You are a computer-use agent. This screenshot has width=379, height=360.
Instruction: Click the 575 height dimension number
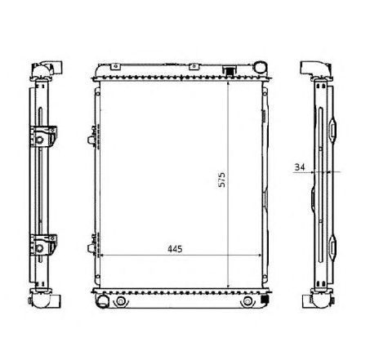click(x=221, y=181)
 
